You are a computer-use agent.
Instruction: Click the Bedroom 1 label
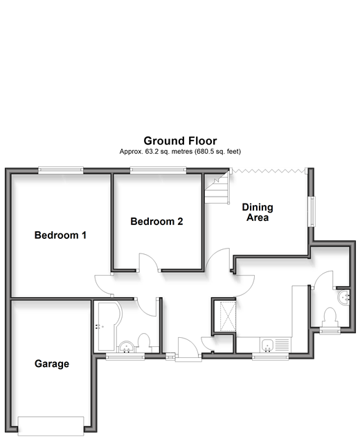coord(60,235)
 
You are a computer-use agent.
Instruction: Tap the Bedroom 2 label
coord(156,222)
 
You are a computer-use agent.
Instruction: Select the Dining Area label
coord(258,212)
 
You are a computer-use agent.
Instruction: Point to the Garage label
coord(52,364)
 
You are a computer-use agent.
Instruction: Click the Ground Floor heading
coord(180,141)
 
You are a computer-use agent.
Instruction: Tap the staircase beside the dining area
coord(217,188)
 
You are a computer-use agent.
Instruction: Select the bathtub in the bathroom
coord(107,326)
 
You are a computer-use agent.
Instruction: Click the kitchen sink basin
coord(267,345)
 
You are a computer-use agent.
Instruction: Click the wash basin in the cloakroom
coord(343,297)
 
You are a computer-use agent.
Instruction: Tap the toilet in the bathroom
coord(144,342)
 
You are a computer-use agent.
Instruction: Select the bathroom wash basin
coord(126,347)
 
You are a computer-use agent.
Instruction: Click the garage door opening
coord(51,426)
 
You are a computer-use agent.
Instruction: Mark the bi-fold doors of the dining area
coord(268,170)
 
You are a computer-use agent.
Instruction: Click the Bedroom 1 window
coord(61,170)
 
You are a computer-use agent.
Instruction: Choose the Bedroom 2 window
coord(158,170)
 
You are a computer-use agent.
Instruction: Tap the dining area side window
coord(312,211)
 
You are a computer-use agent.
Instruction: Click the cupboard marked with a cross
coord(228,316)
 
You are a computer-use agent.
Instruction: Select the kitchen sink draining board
coord(282,345)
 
